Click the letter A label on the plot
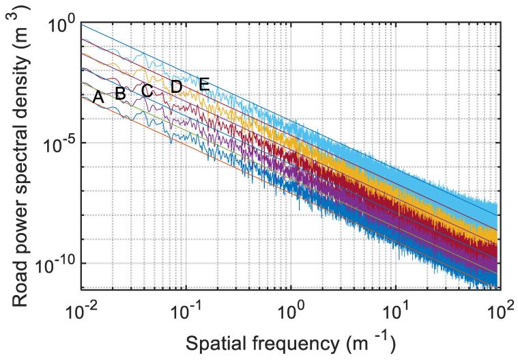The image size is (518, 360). (98, 98)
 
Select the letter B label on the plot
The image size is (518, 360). (120, 94)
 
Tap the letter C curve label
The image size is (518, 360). (147, 90)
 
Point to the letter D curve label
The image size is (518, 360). (176, 87)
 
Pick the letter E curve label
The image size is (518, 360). (203, 84)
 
